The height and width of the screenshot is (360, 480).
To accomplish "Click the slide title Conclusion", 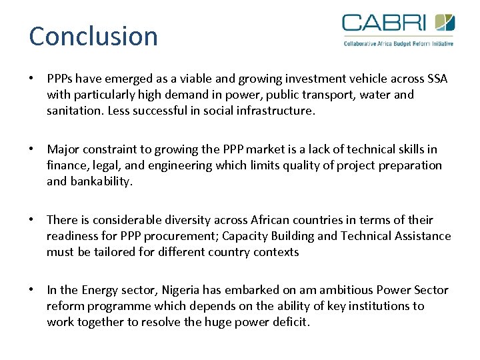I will coord(93,36).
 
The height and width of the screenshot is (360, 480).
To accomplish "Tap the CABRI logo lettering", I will coord(384,23).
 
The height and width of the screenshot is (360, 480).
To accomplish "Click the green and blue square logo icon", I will coord(445,23).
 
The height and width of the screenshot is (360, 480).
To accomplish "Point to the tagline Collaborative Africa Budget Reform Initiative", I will coord(398,43).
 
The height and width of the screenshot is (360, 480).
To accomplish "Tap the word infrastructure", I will coord(273,111).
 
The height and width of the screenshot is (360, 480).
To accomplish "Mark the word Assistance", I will coord(423,236).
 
